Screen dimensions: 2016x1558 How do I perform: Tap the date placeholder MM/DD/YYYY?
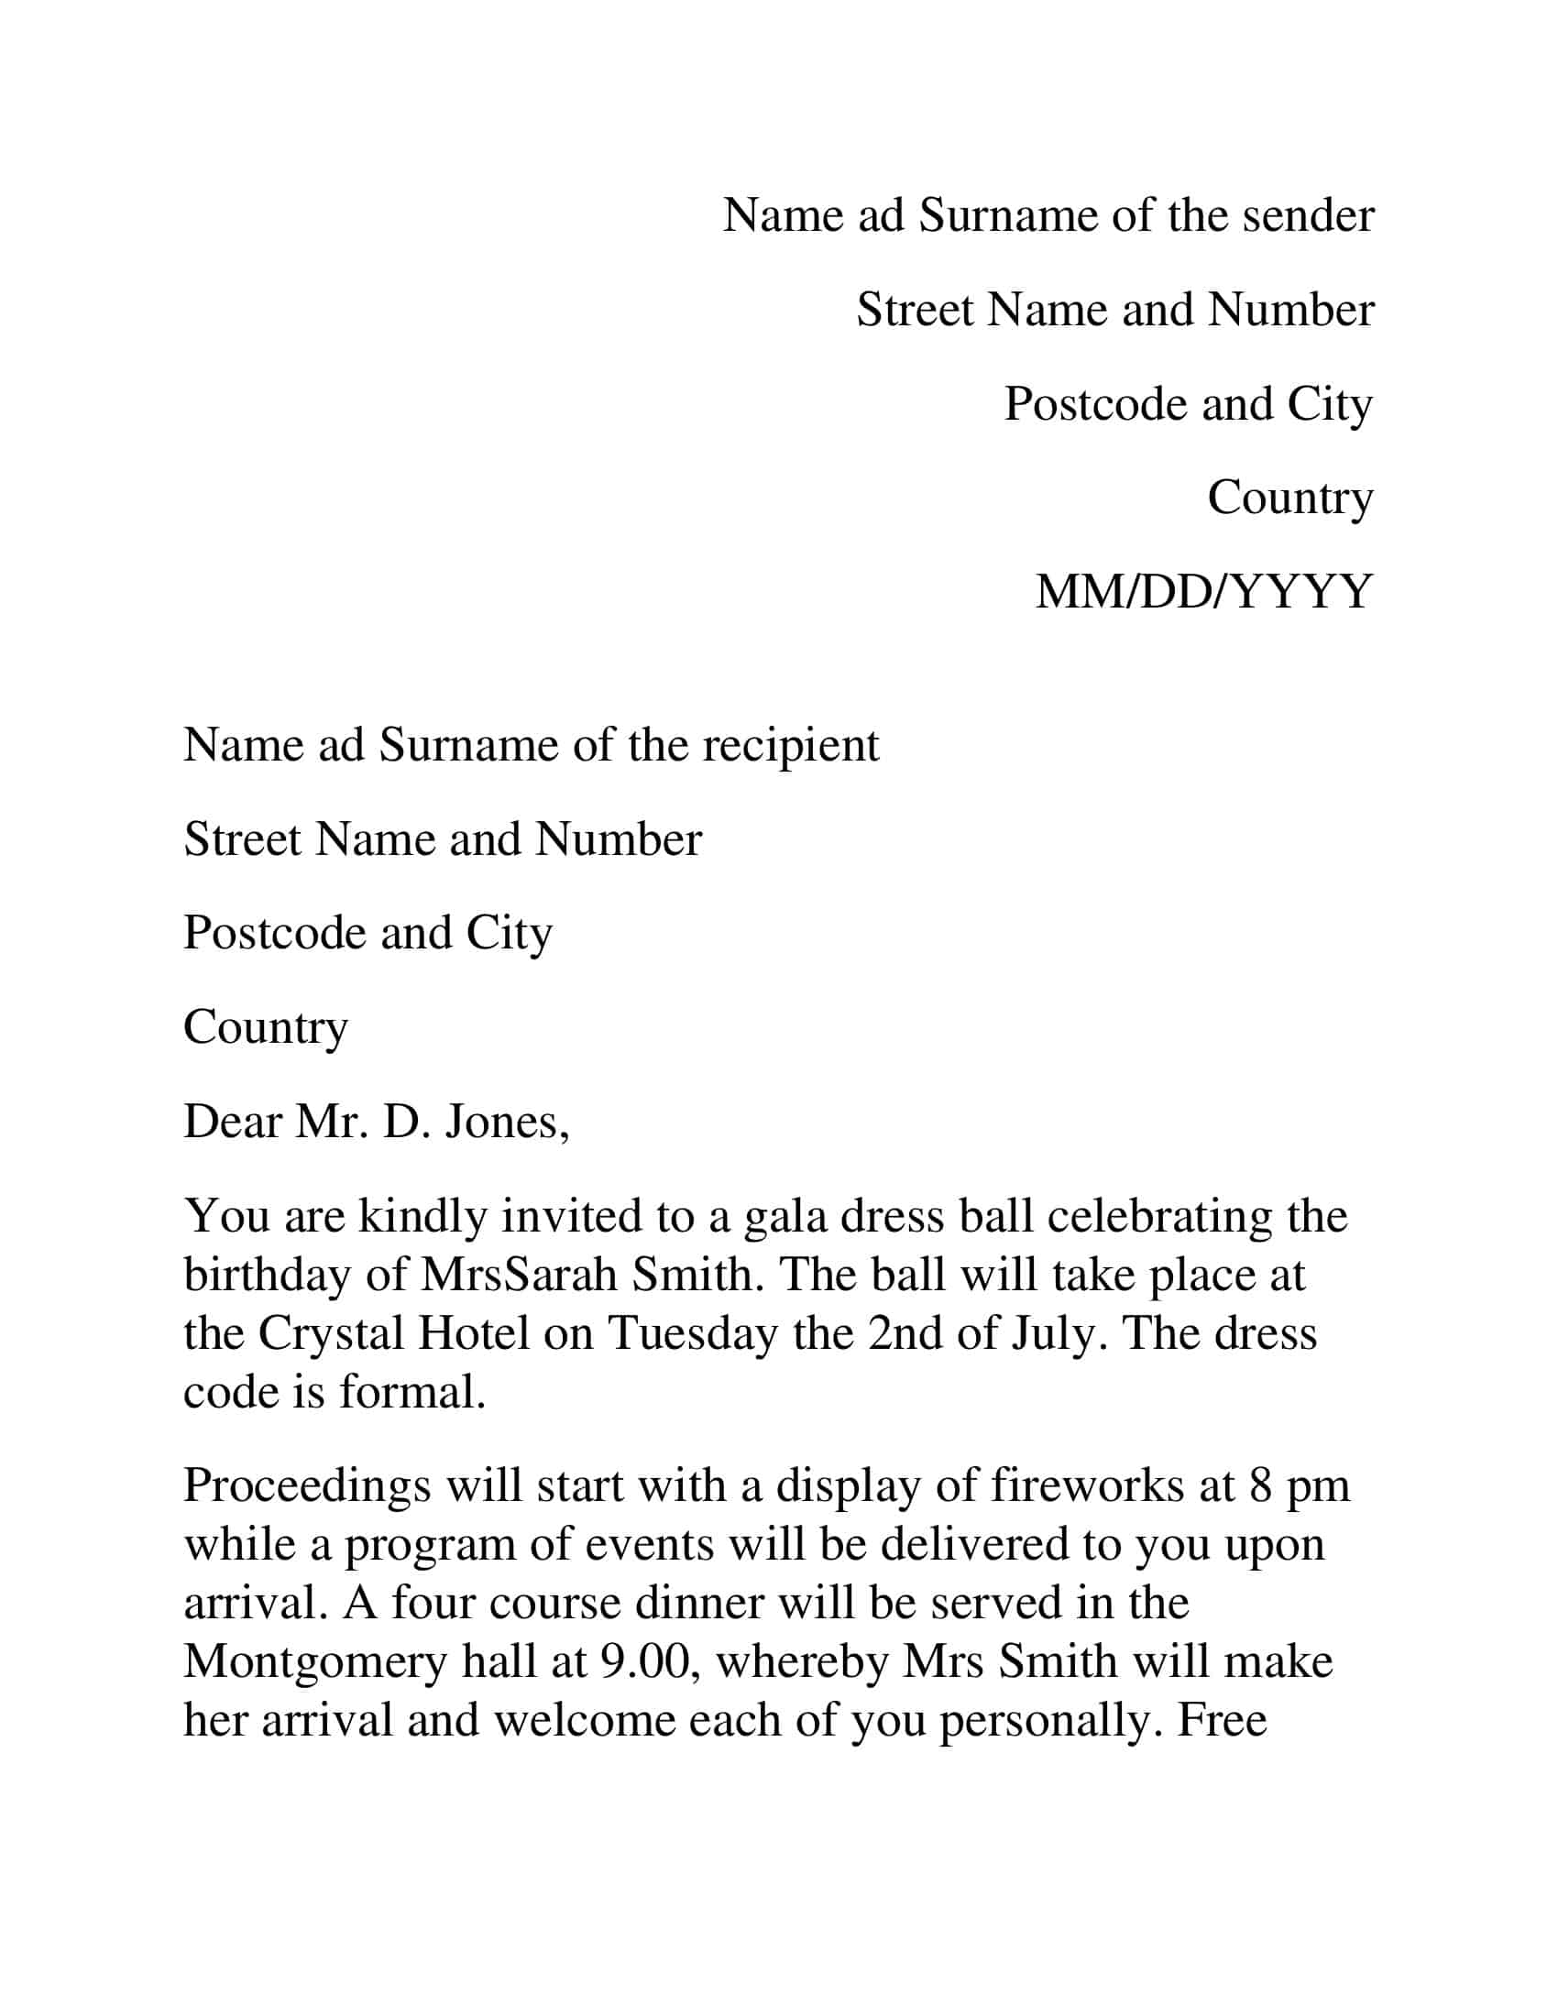tap(1203, 592)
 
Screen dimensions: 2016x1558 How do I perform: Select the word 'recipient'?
tap(790, 745)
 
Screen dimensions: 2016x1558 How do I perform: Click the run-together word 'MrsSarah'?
tap(519, 1276)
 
